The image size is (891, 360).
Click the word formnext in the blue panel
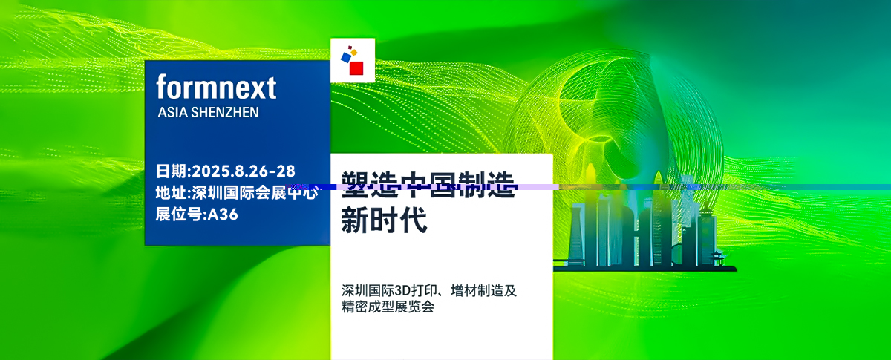(216, 88)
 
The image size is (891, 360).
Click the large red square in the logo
(356, 68)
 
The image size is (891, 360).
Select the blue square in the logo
(345, 56)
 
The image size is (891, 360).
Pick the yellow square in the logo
(354, 53)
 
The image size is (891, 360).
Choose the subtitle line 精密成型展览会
(387, 307)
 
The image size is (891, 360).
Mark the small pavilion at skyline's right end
(717, 258)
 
